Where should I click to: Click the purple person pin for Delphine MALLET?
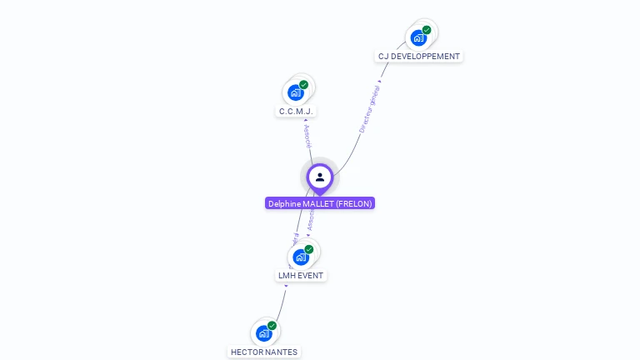(320, 177)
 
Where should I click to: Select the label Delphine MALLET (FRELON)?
(320, 203)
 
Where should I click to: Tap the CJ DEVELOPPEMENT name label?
(418, 57)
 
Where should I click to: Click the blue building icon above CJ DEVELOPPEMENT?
(418, 37)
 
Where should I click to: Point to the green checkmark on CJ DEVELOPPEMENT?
(427, 30)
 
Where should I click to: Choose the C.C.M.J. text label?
(296, 111)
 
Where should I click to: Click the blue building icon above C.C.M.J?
(295, 92)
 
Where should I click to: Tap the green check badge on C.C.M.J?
(303, 85)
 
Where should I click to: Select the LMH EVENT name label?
(300, 275)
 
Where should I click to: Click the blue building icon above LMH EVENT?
(300, 257)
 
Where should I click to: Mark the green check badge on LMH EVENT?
(309, 249)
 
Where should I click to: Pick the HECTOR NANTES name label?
(264, 352)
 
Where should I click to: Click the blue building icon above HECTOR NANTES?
(264, 333)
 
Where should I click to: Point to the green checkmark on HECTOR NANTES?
(272, 326)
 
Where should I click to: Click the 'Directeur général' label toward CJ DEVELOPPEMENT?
(369, 109)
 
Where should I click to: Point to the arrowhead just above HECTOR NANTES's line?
(286, 286)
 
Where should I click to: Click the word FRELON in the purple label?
(354, 203)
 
